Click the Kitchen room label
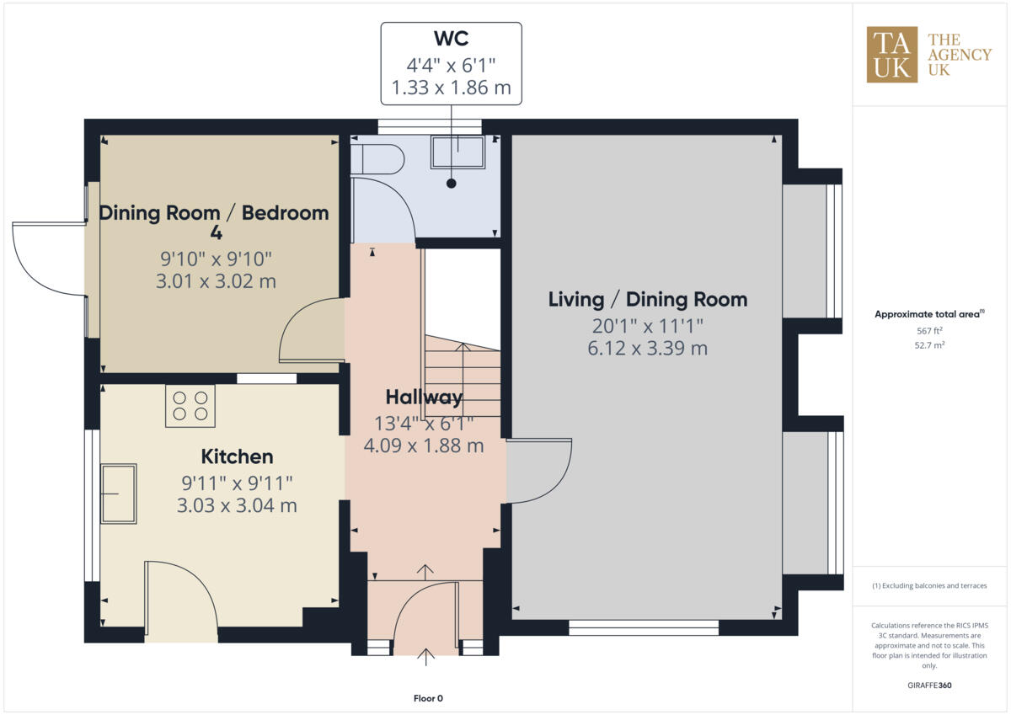[237, 456]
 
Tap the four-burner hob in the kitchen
[190, 406]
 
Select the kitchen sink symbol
[119, 493]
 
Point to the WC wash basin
[457, 152]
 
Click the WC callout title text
[451, 40]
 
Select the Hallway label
[424, 397]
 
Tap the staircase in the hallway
[463, 371]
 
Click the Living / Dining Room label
[647, 299]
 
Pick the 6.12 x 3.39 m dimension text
[647, 348]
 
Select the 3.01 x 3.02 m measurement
[216, 281]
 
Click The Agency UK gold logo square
[892, 55]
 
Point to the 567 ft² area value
[930, 332]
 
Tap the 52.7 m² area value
[930, 345]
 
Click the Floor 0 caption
[428, 698]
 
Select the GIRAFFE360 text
[930, 686]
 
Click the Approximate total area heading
[929, 314]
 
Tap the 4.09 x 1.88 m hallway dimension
[423, 446]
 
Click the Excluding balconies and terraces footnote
[930, 585]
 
